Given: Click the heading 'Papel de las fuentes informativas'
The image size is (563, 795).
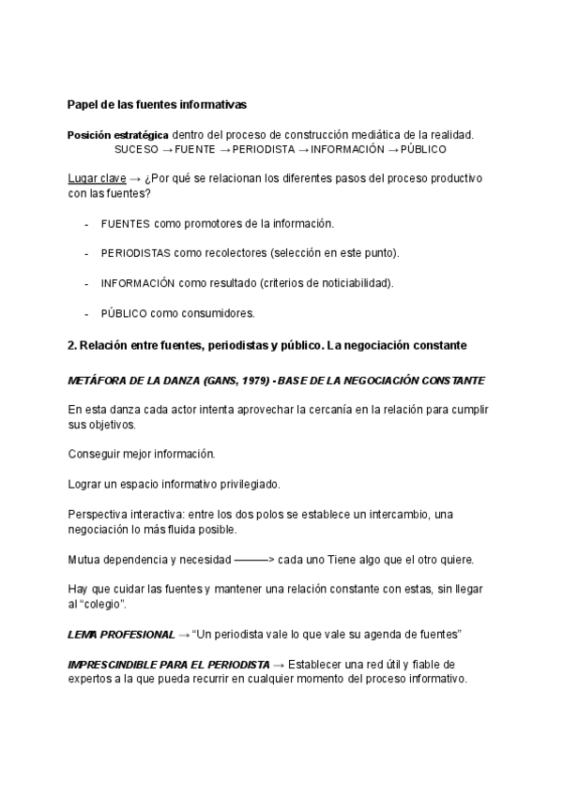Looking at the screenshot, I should pos(158,103).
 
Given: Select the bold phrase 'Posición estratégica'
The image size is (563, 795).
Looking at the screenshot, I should pos(118,135).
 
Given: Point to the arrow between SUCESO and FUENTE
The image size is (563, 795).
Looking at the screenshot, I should pos(167,149).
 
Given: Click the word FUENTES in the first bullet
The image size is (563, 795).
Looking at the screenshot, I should pos(125,223).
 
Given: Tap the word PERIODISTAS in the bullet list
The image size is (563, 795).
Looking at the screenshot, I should pos(135,253).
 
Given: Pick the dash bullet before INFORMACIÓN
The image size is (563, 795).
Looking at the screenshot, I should pos(87,283).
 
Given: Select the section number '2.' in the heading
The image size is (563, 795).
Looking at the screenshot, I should pos(72,345).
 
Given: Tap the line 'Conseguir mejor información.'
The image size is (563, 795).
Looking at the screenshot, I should pos(142,454).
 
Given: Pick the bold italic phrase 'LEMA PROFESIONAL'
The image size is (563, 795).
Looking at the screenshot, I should pos(121,635).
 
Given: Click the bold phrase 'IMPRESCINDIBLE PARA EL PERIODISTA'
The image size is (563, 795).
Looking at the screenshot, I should pos(163,664).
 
